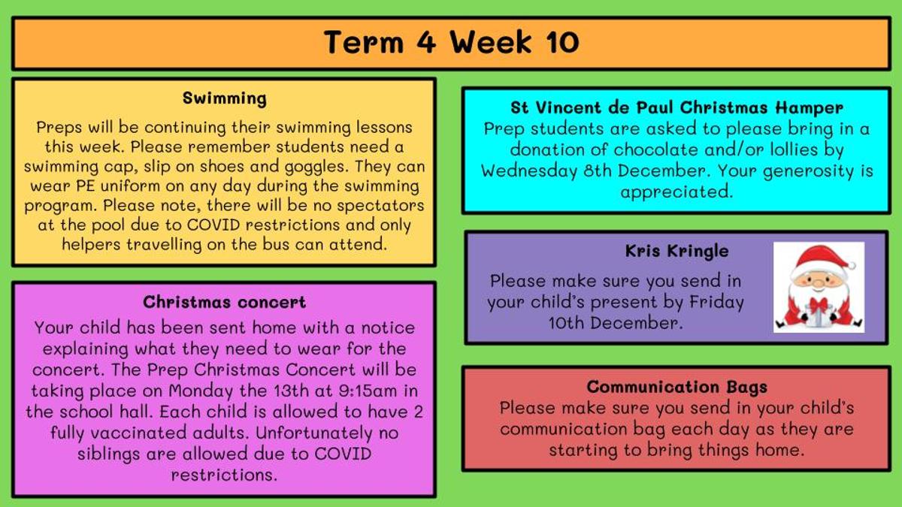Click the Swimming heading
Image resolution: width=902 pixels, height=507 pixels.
point(224,98)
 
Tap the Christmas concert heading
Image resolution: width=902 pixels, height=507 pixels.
point(224,302)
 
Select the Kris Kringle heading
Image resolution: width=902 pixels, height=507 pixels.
point(677,252)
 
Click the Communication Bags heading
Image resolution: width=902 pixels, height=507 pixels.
point(677,388)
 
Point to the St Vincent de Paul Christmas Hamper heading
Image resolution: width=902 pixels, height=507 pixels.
point(676,108)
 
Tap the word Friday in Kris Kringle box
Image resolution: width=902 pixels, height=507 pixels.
point(717,302)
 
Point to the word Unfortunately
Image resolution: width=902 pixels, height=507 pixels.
point(314,433)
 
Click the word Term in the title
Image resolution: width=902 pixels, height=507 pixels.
point(364,42)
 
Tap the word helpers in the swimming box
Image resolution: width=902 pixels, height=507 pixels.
point(91,245)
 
